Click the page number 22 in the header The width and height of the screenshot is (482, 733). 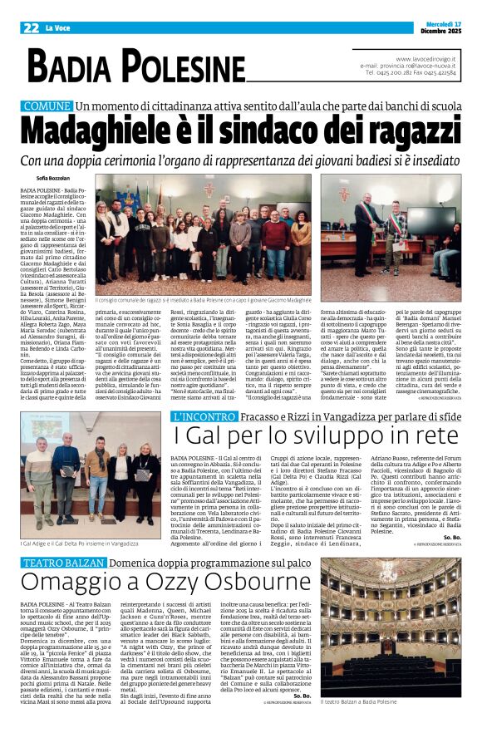coord(32,27)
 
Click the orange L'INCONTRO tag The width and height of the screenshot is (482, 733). coord(201,416)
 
